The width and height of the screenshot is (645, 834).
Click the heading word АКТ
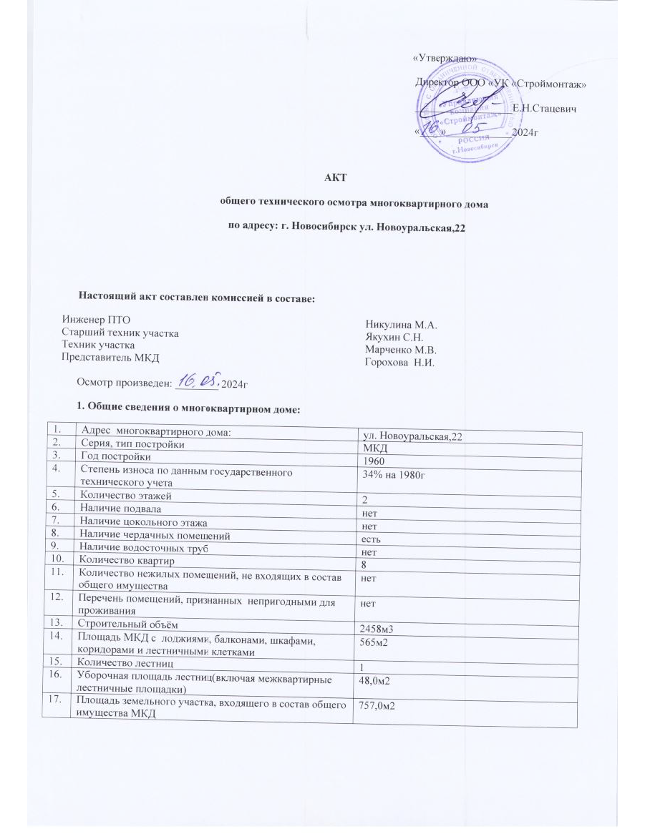pos(337,179)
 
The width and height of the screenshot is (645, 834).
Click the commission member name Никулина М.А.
pos(401,324)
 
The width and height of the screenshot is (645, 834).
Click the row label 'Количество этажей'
pos(126,494)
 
